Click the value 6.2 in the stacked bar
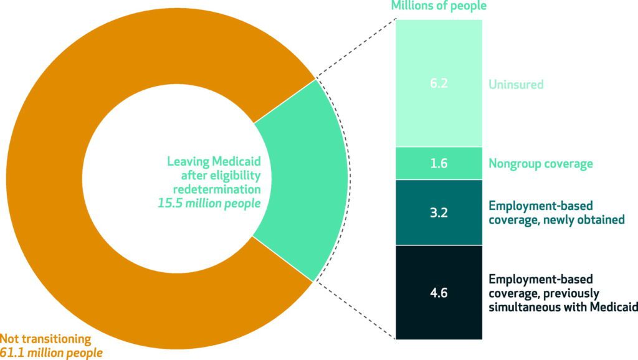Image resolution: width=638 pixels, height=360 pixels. (439, 83)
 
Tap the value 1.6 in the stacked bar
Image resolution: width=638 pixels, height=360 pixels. (439, 164)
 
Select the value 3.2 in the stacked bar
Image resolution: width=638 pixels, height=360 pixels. (439, 212)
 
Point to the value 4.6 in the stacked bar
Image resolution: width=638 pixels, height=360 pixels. (439, 291)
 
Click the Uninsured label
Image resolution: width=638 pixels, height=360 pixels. (517, 83)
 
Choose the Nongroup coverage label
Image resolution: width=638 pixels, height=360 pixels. (540, 164)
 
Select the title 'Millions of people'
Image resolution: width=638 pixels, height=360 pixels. (439, 6)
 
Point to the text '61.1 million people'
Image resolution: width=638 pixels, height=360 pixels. (51, 353)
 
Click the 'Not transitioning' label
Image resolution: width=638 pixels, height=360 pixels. (45, 339)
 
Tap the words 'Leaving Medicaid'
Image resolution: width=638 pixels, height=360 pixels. (213, 161)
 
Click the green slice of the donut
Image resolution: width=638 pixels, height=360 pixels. (299, 181)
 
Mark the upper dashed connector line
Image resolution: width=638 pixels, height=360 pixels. (355, 50)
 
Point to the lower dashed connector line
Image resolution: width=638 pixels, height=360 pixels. (355, 309)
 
